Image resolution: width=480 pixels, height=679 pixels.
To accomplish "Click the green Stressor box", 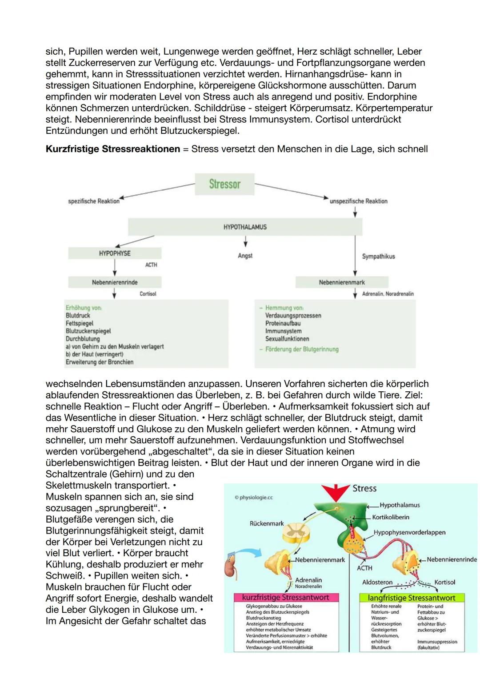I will coord(224,184).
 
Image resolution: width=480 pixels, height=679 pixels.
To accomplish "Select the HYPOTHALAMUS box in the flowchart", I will coord(245,227).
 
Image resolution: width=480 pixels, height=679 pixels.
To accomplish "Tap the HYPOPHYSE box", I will coord(115,253).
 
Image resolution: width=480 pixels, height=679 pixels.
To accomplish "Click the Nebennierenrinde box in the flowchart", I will coord(115,282).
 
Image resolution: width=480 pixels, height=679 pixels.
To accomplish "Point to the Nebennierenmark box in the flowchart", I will coord(341,282).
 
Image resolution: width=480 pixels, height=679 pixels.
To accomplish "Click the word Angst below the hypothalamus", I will coord(245,256).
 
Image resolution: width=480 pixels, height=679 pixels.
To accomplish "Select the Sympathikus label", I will coord(378,257).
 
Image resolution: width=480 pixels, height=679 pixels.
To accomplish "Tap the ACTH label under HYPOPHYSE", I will coord(151,265).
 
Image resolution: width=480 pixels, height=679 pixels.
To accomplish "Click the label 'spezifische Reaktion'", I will coord(94,201).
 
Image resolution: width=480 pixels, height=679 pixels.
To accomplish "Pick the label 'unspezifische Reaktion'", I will coord(358,201).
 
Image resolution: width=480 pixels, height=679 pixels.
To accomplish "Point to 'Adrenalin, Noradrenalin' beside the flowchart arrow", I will coord(388,294).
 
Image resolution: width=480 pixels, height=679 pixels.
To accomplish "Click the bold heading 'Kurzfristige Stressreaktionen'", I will coord(113,149).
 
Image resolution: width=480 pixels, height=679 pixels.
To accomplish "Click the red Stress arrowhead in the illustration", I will coord(336,492).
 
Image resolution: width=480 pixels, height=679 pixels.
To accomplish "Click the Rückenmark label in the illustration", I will coord(267,523).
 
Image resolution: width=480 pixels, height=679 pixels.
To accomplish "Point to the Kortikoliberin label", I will coord(391,517).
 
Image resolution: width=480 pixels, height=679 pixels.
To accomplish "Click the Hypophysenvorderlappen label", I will coord(409,532).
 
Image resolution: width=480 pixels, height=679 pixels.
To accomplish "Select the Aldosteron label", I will coord(377,582).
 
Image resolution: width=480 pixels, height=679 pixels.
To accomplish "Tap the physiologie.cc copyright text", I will coord(254,498).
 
